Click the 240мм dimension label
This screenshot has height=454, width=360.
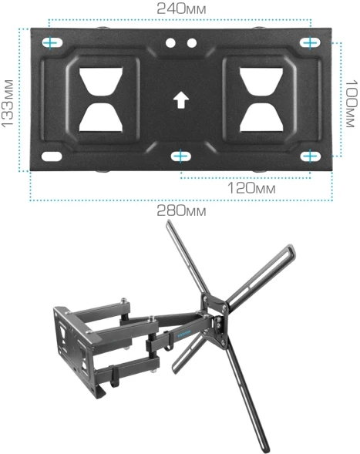coord(181,8)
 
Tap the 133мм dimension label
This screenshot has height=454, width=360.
coord(8,103)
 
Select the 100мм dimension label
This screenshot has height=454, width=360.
coord(352,103)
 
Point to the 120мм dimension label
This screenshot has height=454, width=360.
coord(251,188)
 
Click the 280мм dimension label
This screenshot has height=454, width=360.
coord(181,210)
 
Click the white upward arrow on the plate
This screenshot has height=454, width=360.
coord(181,100)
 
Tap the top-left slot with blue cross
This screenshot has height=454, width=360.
coord(52,43)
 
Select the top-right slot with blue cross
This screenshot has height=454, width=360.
coord(310,43)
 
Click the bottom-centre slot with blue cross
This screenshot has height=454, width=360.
coord(180,156)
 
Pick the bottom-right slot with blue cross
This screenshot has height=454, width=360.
coord(311,156)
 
